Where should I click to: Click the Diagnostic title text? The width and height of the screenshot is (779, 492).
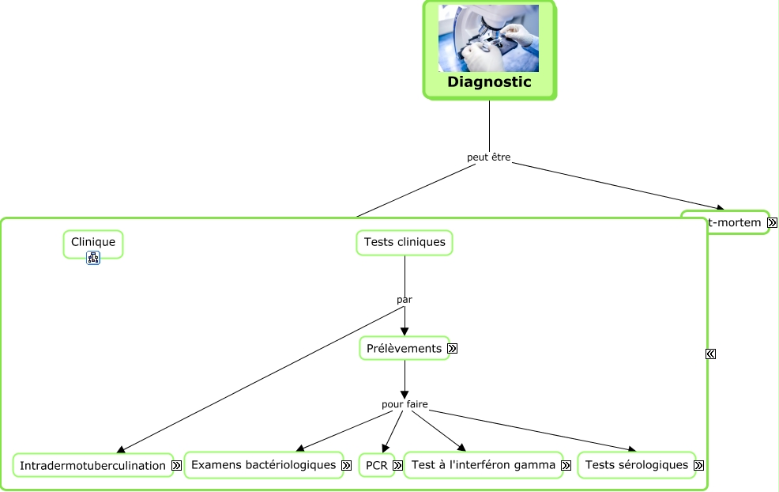(x=489, y=82)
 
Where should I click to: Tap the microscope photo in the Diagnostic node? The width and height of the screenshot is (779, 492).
(x=488, y=39)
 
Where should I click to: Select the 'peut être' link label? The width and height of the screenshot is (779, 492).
(x=488, y=157)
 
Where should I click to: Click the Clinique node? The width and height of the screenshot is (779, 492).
(x=93, y=242)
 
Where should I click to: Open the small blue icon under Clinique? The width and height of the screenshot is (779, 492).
(x=93, y=258)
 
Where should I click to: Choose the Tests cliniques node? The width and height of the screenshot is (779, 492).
(x=405, y=242)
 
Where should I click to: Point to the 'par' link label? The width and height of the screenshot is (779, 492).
(x=405, y=300)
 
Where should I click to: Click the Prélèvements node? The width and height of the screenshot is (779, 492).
(x=404, y=348)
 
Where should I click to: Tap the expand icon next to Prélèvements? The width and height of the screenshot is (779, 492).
(x=453, y=348)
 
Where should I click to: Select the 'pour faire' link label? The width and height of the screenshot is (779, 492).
(x=405, y=404)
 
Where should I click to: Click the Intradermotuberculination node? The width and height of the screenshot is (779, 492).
(x=92, y=466)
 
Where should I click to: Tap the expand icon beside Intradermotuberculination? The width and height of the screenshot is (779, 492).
(x=177, y=466)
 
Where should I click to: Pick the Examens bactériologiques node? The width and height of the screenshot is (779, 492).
(x=263, y=465)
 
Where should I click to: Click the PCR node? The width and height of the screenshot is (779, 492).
(x=377, y=466)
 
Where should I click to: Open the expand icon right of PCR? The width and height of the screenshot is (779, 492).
(x=397, y=466)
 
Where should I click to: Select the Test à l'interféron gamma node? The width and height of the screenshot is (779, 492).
(x=483, y=465)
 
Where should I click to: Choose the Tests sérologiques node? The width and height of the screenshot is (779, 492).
(x=636, y=465)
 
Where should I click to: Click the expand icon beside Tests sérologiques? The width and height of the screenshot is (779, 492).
(x=698, y=466)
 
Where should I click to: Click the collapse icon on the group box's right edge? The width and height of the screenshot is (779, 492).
(x=710, y=354)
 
